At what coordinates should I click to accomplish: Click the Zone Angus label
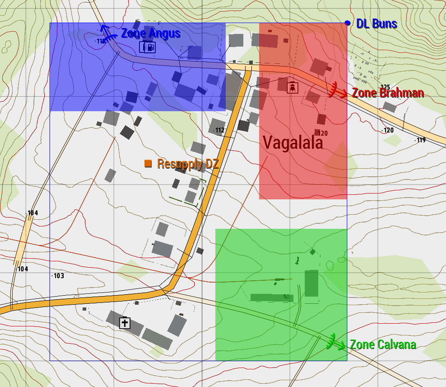click(151, 33)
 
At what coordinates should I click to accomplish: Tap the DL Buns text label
click(376, 24)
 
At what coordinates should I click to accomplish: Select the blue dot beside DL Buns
click(347, 23)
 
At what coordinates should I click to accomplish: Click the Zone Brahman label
click(387, 93)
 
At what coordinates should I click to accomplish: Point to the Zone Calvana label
click(383, 345)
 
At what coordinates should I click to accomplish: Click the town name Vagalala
click(293, 143)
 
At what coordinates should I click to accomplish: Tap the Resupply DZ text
click(188, 164)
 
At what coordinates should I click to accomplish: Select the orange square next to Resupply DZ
click(148, 163)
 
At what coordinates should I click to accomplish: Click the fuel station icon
click(149, 47)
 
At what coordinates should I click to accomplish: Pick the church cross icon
click(125, 323)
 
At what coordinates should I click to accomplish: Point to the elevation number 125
click(385, 87)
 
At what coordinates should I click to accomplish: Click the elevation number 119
click(421, 140)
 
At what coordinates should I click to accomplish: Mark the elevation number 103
click(59, 276)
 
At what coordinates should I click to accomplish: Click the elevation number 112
click(220, 130)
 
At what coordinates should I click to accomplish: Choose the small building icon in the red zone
click(293, 86)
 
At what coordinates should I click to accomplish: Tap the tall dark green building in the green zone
click(311, 283)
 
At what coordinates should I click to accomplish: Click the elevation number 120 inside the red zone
click(323, 133)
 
